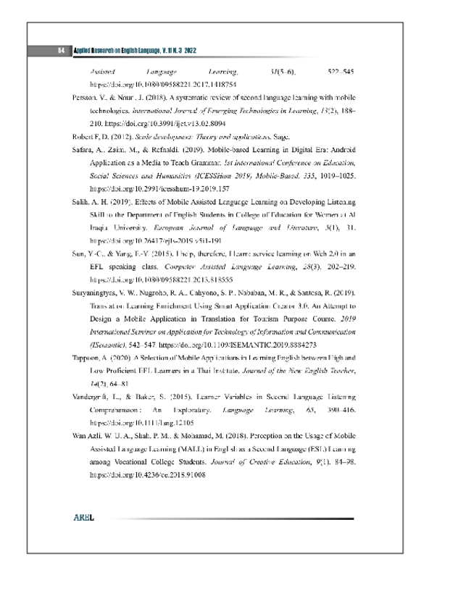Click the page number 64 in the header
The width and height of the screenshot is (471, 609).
pos(62,51)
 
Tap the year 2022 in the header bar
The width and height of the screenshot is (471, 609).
pos(186,51)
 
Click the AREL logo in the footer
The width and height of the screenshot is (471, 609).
pos(84,518)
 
